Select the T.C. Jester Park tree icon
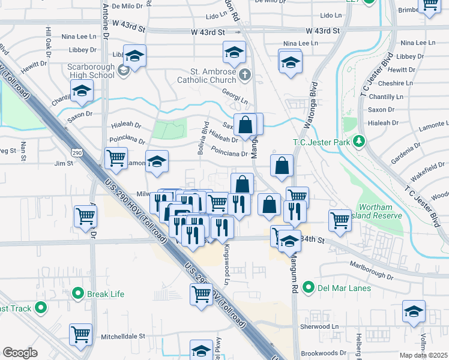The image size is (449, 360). click(x=359, y=141)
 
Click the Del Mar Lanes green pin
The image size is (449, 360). click(x=309, y=288)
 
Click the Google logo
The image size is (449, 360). click(x=20, y=353)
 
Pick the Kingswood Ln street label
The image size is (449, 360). click(x=227, y=264)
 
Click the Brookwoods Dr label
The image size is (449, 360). click(x=324, y=353)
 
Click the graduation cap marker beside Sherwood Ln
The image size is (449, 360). click(x=414, y=313)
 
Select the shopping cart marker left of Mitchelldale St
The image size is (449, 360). click(x=80, y=335)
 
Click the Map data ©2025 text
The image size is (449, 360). click(x=424, y=356)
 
